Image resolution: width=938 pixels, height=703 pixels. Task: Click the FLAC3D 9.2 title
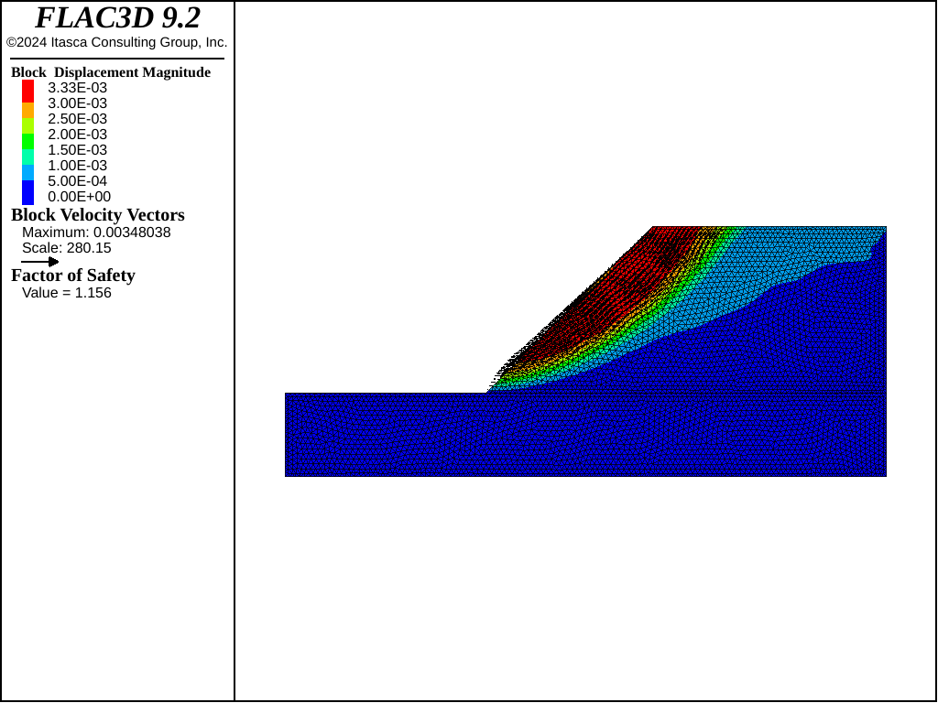tap(117, 18)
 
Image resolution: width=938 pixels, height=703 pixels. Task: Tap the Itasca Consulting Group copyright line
tap(117, 42)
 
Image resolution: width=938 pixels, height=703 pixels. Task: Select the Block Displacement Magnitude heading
tap(111, 72)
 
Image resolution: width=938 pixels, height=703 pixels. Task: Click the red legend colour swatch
tap(28, 92)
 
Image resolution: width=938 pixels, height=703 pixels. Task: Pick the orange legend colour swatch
tap(28, 111)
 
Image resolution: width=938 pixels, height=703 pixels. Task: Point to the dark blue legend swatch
tap(28, 192)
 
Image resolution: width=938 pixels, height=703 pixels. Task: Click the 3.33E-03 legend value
tap(78, 88)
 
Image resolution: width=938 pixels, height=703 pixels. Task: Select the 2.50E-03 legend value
tap(78, 119)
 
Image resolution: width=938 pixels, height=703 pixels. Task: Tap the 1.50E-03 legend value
tap(78, 150)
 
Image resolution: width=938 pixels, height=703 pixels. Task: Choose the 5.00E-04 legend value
tap(78, 181)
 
